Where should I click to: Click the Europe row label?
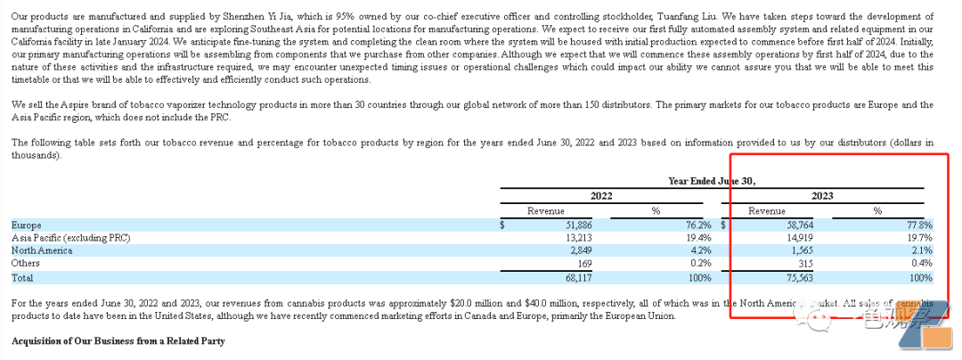[x=27, y=225]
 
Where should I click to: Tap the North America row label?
[x=42, y=250]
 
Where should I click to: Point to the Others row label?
[x=26, y=263]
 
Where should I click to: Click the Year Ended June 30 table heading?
[x=713, y=181]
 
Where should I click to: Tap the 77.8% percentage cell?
[x=919, y=225]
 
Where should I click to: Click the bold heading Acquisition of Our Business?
[x=118, y=341]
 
